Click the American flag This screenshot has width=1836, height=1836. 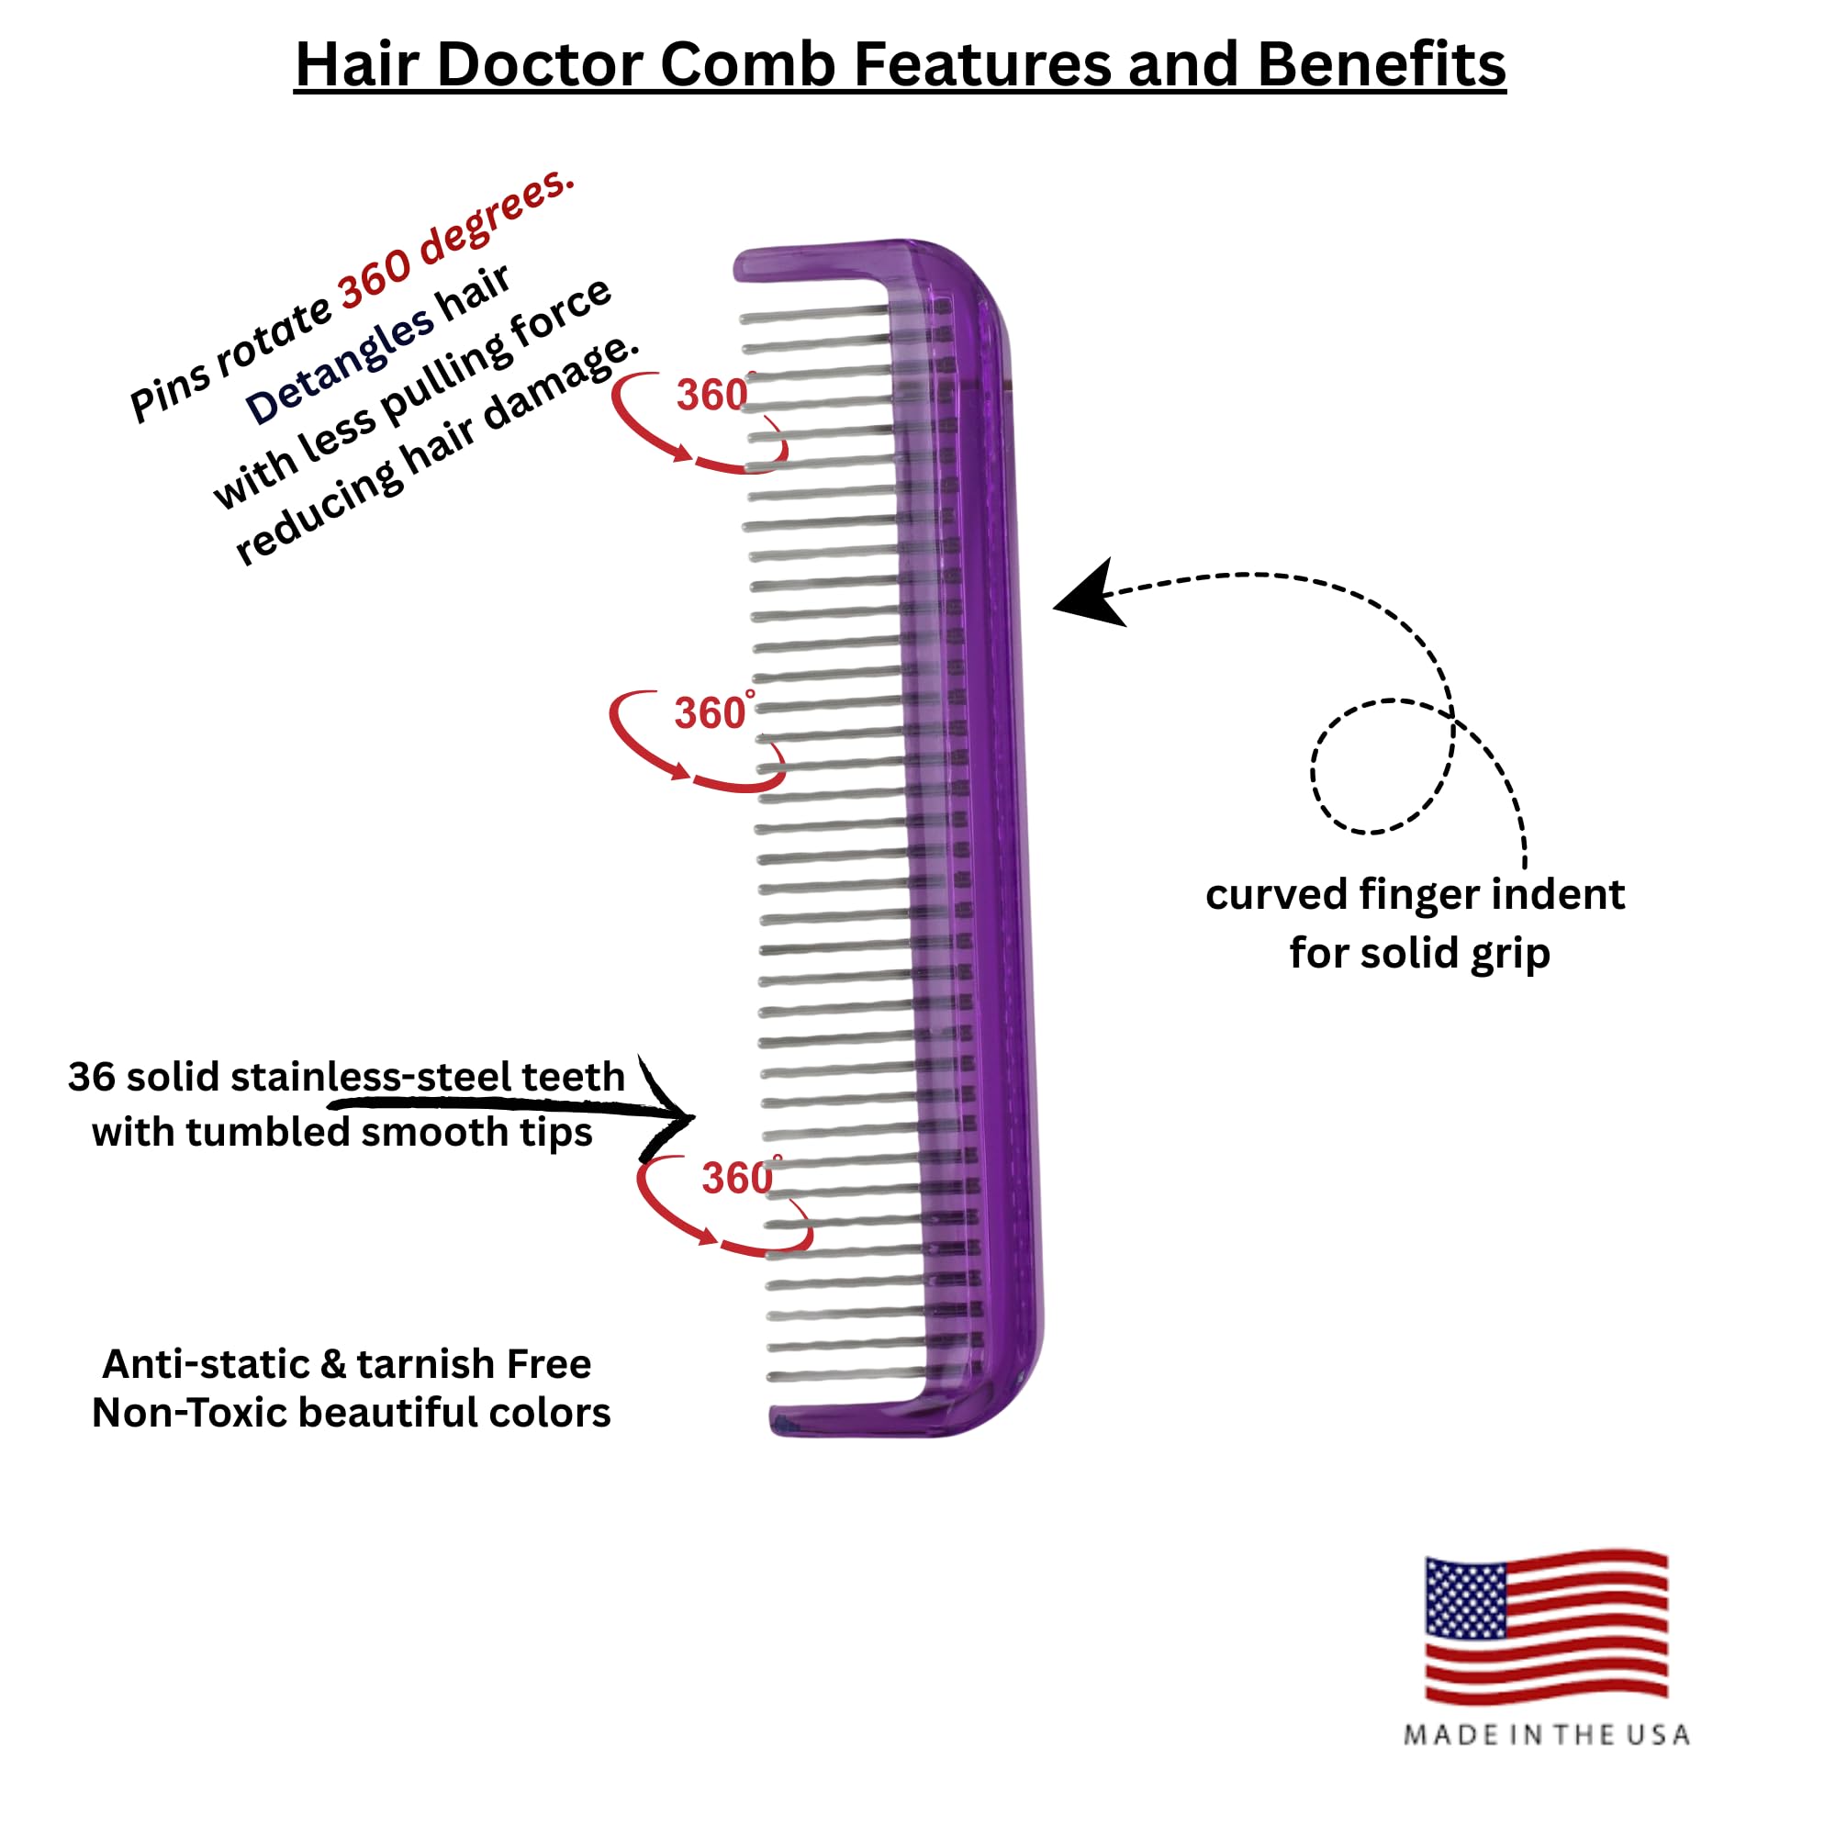click(1546, 1627)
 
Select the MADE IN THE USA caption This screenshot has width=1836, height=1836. click(1546, 1735)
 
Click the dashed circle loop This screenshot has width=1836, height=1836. click(1383, 766)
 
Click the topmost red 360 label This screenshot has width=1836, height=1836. click(711, 396)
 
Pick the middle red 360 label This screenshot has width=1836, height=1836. click(710, 713)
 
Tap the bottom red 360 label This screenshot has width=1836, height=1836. click(737, 1180)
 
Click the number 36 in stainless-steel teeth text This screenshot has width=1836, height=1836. click(91, 1078)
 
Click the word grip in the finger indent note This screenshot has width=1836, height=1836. click(1510, 954)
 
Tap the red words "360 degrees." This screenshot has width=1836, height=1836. click(456, 238)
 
